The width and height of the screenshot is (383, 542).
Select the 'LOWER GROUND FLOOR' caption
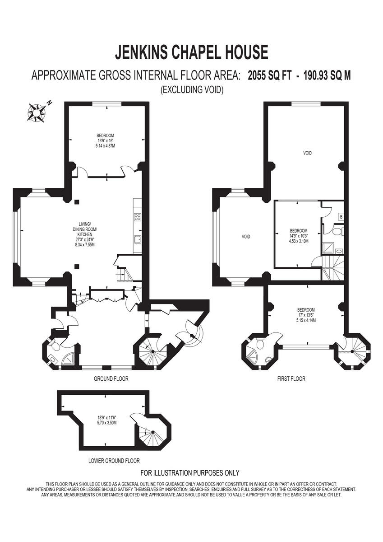click(114, 461)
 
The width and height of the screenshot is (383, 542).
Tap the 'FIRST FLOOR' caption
click(291, 378)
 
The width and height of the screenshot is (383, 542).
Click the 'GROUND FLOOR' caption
click(111, 378)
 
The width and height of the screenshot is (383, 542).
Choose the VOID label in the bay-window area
click(246, 237)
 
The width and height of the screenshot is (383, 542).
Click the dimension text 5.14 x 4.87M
click(105, 146)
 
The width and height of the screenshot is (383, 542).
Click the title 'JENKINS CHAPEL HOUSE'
click(191, 52)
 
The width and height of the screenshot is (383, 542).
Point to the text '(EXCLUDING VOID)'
click(191, 90)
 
